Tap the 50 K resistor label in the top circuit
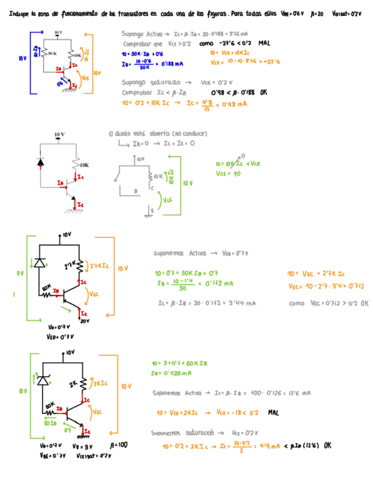pos(52,53)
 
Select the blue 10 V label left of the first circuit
pos(22,58)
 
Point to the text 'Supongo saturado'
pos(151,82)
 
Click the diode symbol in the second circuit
pos(40,162)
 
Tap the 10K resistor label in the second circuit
pos(84,165)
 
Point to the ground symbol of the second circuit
pos(73,211)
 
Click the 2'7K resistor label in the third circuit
pos(69,265)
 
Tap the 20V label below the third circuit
pos(85,321)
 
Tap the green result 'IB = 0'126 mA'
pos(171,373)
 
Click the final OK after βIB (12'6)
pos(327,446)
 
